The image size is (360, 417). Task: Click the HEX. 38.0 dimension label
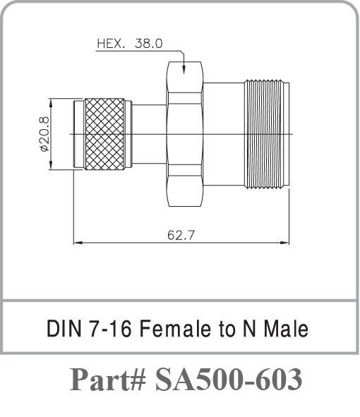130,43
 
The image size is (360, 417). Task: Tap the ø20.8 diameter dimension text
44,134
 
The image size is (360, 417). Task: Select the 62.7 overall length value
181,235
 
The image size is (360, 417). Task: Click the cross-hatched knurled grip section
104,134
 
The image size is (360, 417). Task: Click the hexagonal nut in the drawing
185,134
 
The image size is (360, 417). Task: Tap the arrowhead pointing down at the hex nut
184,69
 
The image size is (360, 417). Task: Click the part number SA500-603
229,380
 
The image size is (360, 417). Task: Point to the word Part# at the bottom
108,380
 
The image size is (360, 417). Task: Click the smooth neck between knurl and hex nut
148,134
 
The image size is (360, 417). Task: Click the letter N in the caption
253,329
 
